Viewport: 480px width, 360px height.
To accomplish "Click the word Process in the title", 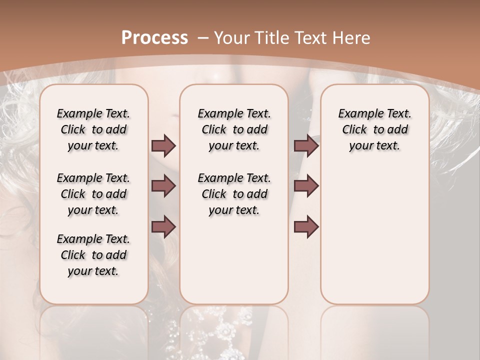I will [x=155, y=37].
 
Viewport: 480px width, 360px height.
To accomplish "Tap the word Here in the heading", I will [x=351, y=37].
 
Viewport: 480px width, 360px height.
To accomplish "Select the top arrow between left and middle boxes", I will [x=163, y=146].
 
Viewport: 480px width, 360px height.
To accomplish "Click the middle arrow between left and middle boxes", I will [x=163, y=186].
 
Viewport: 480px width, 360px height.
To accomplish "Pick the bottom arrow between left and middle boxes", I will [x=163, y=226].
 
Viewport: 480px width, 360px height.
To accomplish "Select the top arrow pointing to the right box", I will [x=306, y=146].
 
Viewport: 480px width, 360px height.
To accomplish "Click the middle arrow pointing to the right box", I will [x=306, y=186].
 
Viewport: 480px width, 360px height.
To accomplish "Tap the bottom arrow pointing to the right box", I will [x=306, y=226].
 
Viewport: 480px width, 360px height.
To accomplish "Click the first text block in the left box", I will [x=93, y=129].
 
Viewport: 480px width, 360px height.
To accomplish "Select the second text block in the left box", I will [x=93, y=194].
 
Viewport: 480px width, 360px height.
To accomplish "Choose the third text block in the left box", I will [x=93, y=255].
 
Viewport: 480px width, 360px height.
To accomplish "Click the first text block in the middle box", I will [x=234, y=129].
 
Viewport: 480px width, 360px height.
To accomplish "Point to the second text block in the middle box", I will [x=234, y=194].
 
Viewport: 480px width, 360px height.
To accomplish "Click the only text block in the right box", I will [x=374, y=129].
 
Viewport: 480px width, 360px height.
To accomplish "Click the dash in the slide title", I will [x=203, y=37].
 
